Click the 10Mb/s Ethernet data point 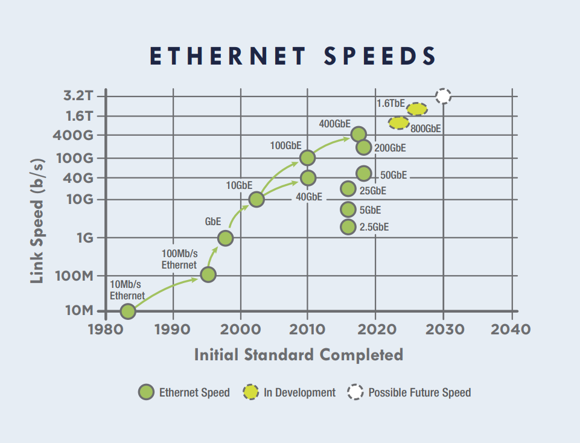click(x=127, y=311)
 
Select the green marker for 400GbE click(x=359, y=134)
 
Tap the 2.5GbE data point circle click(x=348, y=227)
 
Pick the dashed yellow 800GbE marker click(x=398, y=123)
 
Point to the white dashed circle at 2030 click(x=443, y=95)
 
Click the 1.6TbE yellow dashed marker click(x=417, y=109)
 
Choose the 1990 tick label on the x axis click(x=173, y=330)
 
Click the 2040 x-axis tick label click(x=511, y=330)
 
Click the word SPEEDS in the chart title click(x=380, y=56)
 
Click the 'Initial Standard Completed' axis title click(x=298, y=355)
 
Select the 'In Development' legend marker click(x=251, y=392)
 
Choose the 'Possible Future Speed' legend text click(x=419, y=392)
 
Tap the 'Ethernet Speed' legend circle click(x=146, y=392)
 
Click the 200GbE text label click(x=390, y=148)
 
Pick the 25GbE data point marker click(x=348, y=189)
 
